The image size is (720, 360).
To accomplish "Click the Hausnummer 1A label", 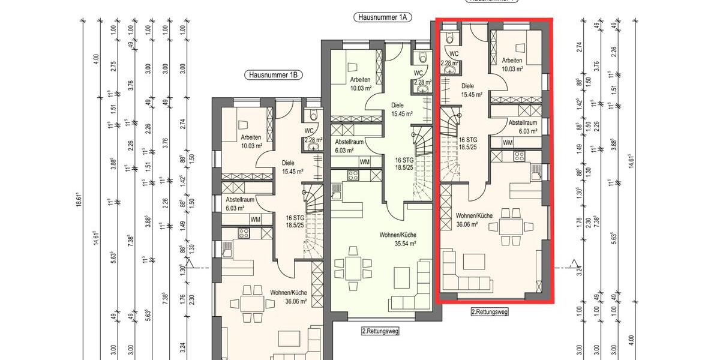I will tap(382, 18).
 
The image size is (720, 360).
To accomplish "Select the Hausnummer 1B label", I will tap(274, 76).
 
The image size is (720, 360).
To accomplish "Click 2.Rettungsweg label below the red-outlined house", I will tap(490, 312).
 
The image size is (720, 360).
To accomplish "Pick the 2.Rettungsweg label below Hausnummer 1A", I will tap(380, 331).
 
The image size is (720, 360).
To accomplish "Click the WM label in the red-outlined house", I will tap(508, 143).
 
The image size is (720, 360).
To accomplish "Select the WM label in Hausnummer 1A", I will tap(364, 162).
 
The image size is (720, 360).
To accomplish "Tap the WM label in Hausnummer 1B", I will tap(255, 220).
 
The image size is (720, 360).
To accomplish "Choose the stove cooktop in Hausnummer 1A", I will tap(353, 176).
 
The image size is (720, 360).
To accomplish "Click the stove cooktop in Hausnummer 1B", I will tap(244, 233).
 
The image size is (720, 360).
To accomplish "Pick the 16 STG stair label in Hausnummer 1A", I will tap(404, 160).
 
